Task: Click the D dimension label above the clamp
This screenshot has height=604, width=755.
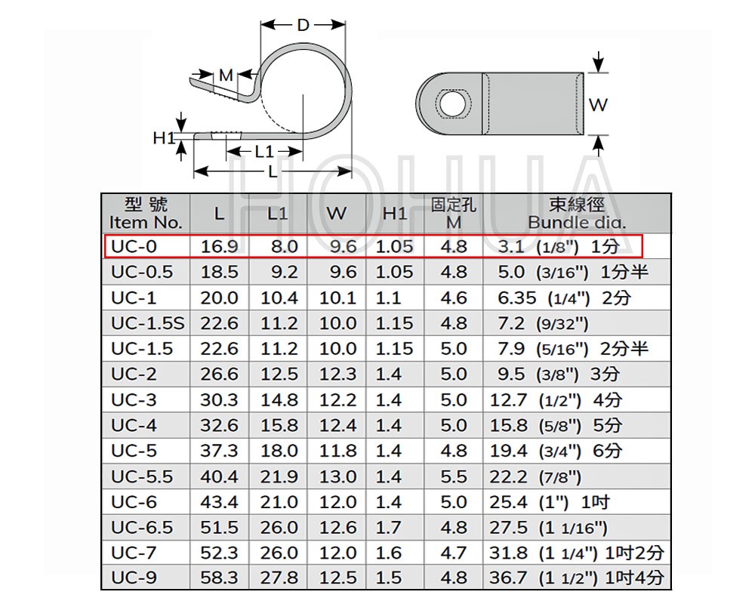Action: point(303,25)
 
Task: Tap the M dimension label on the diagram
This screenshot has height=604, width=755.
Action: point(226,75)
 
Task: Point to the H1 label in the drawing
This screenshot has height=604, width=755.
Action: point(164,138)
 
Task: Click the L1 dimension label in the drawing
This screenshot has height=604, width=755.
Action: point(263,152)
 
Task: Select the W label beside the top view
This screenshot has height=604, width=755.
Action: point(598,104)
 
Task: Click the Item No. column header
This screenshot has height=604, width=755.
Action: point(146,214)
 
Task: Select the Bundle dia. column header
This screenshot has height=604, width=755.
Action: point(577,214)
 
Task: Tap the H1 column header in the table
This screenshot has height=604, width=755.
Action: point(395,214)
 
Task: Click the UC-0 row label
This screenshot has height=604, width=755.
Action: point(134,247)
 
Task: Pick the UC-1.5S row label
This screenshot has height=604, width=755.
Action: point(148,323)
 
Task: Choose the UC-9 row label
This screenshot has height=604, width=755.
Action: point(134,578)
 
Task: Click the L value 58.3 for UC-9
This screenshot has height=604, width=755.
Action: point(219,578)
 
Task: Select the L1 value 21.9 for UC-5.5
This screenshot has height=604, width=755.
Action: point(279,477)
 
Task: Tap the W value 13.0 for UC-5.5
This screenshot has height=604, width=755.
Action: point(338,477)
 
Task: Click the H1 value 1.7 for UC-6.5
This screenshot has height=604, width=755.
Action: point(388,528)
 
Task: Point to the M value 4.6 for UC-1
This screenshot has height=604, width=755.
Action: point(454,298)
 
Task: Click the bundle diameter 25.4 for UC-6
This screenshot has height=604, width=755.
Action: point(508,502)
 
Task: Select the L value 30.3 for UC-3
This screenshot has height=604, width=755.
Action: point(219,400)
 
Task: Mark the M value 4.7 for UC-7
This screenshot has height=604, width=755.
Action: point(454,553)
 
